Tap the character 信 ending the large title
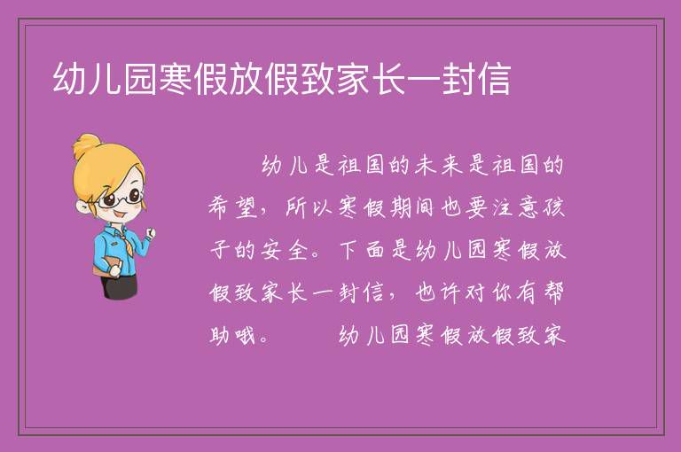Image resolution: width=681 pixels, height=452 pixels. pos(494,79)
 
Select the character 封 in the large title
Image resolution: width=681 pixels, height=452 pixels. pos(458,79)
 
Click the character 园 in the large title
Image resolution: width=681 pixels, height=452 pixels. pos(140,79)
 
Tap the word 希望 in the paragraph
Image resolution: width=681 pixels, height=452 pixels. pos(233,207)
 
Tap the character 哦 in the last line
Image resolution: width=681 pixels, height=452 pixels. pos(245,335)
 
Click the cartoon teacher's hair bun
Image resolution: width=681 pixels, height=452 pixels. pos(86,146)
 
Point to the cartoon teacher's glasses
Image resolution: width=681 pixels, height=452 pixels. pos(121,198)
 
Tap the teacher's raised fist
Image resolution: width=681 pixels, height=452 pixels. pos(150,233)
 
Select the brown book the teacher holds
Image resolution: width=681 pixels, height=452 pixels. pos(106,267)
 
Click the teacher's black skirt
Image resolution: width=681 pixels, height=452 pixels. pos(120,286)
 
